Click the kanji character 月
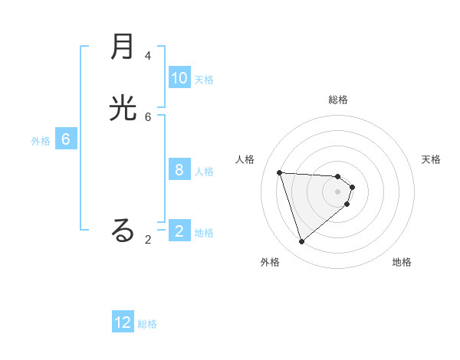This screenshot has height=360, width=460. click(123, 48)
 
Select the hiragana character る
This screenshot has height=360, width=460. click(123, 230)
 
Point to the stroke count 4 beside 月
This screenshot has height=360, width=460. click(148, 56)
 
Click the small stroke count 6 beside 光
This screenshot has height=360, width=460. click(148, 116)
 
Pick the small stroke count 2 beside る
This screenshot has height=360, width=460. click(148, 240)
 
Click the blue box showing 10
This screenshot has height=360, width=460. click(179, 78)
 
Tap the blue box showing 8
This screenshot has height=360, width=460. click(179, 170)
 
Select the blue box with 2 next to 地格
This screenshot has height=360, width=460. click(179, 231)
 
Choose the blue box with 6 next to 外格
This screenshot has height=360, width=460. click(66, 139)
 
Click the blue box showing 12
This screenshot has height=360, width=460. click(123, 322)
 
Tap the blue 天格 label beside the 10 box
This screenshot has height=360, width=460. click(204, 80)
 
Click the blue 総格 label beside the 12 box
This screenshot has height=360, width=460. click(147, 324)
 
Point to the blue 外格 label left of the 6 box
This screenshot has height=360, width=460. click(41, 141)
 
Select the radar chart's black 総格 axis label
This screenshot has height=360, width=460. click(338, 100)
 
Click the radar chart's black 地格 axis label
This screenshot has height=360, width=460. click(402, 262)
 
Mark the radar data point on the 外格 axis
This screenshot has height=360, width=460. click(301, 242)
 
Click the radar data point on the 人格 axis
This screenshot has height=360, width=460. click(280, 172)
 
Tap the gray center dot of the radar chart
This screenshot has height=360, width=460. click(338, 191)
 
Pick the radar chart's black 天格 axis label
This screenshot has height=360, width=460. click(432, 159)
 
